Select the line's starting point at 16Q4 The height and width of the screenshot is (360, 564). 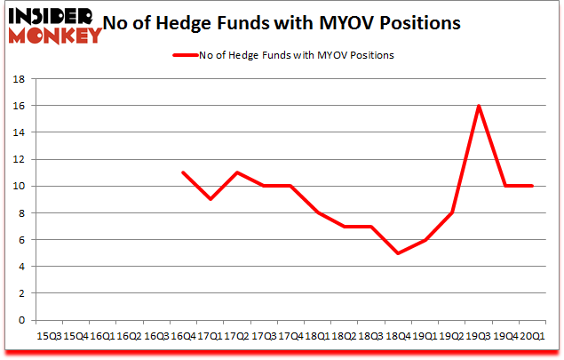click(x=182, y=172)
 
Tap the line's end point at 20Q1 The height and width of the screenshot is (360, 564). click(x=533, y=186)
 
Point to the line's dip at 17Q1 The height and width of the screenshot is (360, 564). click(x=209, y=199)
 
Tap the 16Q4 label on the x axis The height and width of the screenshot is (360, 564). click(x=183, y=337)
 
